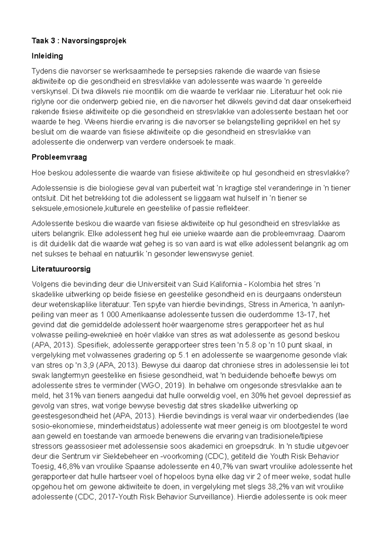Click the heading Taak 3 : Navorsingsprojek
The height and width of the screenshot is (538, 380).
pos(79,41)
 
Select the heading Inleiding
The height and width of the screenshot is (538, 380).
pos(47,56)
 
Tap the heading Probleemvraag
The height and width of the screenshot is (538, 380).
pos(59,157)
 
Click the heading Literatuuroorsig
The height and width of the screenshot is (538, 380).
pos(61,269)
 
